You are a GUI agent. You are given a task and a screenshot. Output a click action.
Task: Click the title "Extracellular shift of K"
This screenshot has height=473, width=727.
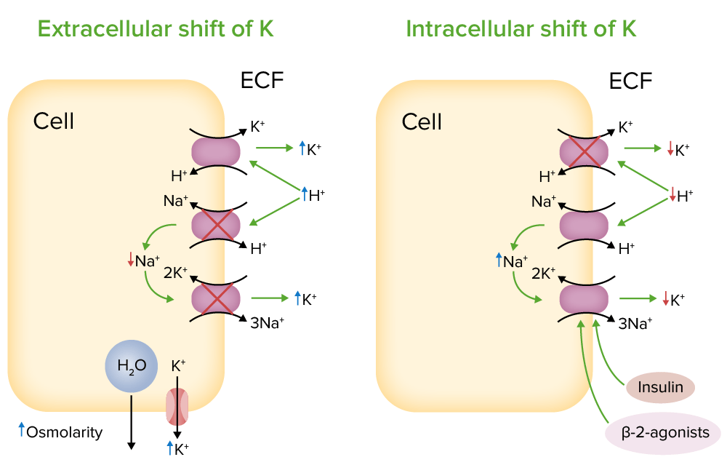coord(155,29)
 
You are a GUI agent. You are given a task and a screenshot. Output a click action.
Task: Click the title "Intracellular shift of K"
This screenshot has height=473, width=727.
coord(521,29)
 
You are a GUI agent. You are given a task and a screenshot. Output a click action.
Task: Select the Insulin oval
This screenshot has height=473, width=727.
coord(660,387)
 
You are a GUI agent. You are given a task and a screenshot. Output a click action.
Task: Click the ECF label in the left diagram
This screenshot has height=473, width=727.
coord(262,81)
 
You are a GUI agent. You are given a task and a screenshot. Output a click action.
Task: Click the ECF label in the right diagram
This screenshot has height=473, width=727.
coord(630,81)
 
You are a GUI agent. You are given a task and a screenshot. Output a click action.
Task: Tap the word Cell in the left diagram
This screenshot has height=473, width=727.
coord(54,121)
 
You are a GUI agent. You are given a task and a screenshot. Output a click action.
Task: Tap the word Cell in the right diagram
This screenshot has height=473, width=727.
coord(422,121)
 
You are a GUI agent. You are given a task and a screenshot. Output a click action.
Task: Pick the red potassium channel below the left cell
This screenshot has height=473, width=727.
coord(177,407)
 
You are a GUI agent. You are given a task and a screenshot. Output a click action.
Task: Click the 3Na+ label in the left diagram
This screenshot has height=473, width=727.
coord(267,324)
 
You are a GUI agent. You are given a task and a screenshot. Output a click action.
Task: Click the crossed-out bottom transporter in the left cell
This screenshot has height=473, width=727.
coord(215,299)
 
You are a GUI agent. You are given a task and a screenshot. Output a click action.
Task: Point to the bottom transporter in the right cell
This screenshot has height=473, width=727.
coord(583,299)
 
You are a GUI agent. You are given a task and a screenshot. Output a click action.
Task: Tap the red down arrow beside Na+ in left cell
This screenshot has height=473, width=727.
coord(130,259)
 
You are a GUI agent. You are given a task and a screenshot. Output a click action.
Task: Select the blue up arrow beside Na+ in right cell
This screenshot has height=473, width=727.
coord(499,259)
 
